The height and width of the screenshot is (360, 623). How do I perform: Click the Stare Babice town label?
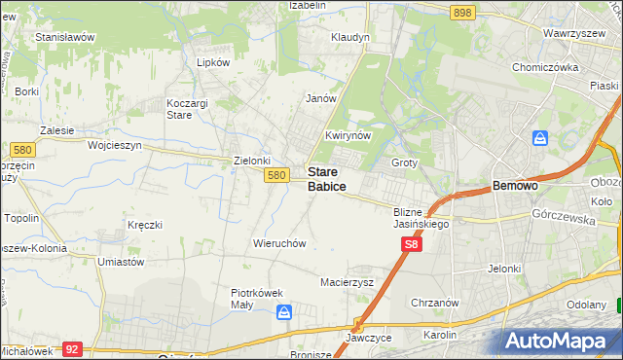tap(326, 178)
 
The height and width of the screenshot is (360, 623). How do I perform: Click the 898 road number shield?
tap(462, 12)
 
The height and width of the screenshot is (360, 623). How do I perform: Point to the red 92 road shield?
tap(71, 347)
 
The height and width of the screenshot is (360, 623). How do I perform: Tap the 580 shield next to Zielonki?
tap(277, 175)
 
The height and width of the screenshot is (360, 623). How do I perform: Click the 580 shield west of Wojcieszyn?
tap(22, 150)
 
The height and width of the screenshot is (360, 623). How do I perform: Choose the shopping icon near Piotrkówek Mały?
tap(284, 312)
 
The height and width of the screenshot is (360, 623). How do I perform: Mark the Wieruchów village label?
tap(279, 242)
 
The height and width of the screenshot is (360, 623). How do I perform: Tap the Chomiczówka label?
tap(545, 67)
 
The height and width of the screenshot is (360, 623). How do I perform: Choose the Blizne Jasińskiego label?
tap(421, 217)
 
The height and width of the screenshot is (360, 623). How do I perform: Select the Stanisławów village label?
tap(64, 37)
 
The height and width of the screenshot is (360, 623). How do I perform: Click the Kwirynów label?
tap(348, 135)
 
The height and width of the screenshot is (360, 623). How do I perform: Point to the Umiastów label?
tap(121, 262)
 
